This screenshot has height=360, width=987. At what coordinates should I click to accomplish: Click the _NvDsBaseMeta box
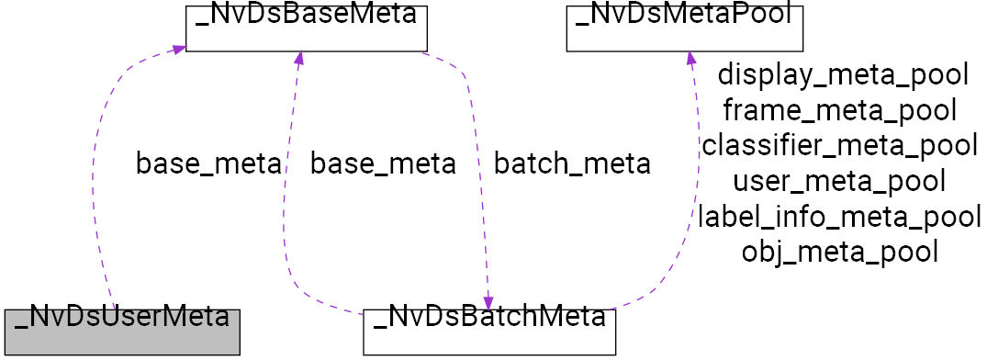(x=307, y=28)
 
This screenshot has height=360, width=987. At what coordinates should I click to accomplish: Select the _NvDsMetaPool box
(x=684, y=28)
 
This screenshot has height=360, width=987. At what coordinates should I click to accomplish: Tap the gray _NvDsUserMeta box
(x=121, y=332)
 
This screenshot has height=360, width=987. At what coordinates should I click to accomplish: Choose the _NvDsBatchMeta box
(x=488, y=332)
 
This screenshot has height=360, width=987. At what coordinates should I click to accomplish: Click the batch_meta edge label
(x=572, y=164)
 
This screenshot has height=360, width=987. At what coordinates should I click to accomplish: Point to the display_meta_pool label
(x=843, y=74)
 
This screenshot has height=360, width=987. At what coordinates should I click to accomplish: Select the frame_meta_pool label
(x=839, y=110)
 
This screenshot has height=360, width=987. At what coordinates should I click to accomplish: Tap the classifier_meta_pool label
(x=839, y=145)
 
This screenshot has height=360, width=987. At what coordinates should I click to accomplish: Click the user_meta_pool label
(x=839, y=181)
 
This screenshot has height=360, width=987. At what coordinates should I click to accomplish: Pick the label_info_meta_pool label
(x=839, y=217)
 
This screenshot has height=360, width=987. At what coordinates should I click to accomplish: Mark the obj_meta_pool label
(x=839, y=252)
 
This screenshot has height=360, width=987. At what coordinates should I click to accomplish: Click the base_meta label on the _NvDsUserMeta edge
(x=207, y=164)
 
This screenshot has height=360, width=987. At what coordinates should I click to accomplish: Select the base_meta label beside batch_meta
(x=382, y=164)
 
